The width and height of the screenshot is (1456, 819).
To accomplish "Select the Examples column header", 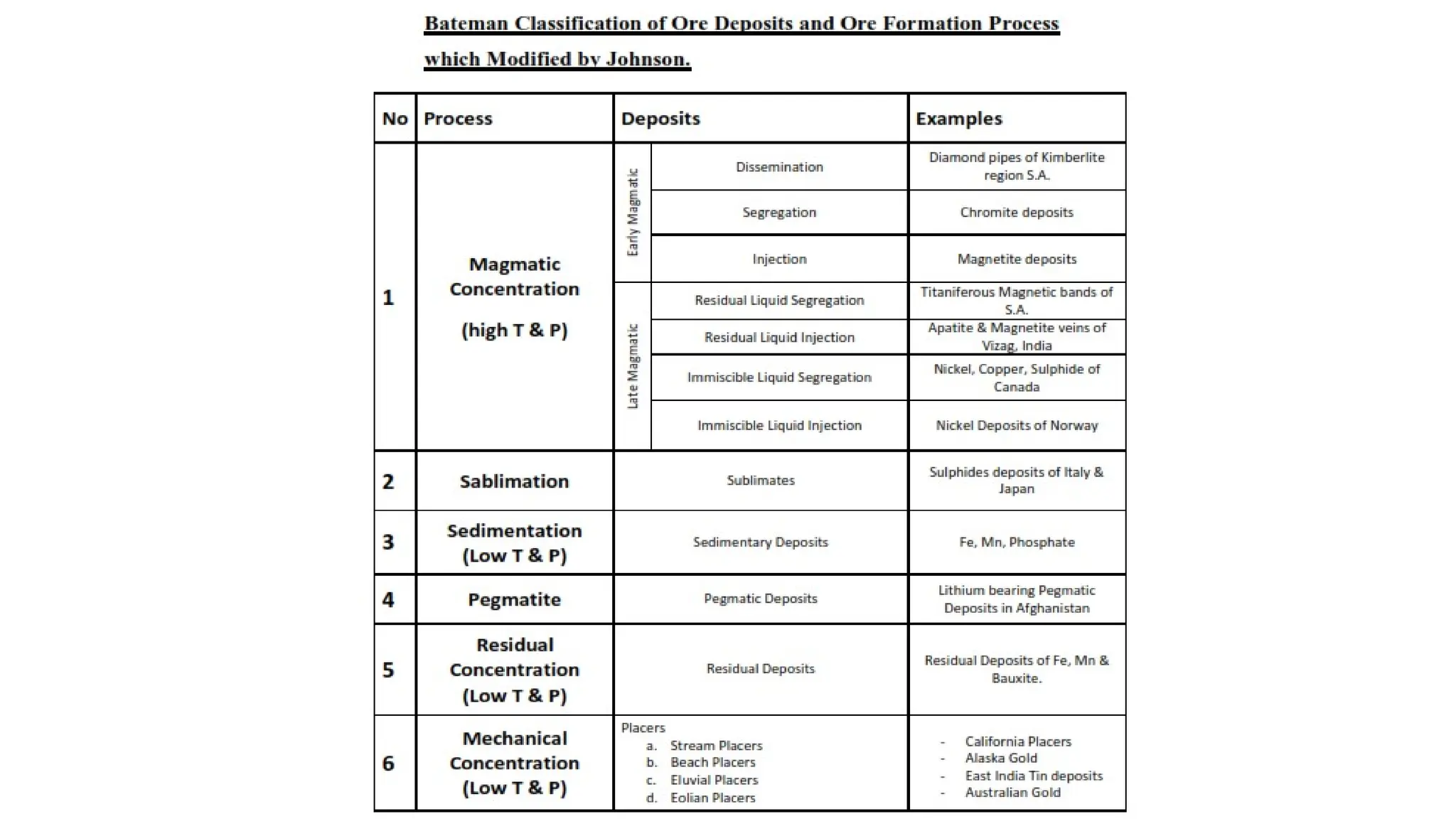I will point(958,119).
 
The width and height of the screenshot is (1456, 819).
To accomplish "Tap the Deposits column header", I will point(660,119).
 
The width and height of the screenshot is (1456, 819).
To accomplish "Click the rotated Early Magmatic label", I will point(633,213).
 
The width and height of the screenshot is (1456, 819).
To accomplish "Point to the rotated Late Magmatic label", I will point(633,366).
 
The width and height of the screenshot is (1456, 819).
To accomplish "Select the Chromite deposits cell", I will point(1016,213).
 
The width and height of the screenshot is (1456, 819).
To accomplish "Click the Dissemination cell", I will point(779,167).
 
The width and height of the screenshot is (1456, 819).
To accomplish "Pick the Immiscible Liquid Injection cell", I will point(779,425).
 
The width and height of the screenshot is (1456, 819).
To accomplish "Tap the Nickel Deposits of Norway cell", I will point(1016,425).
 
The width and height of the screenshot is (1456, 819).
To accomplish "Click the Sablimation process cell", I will point(514,481).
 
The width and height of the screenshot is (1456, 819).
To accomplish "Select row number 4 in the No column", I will point(388,599).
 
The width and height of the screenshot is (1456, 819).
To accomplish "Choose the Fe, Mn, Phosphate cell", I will point(1016,542).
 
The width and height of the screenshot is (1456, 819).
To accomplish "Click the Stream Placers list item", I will point(716,745).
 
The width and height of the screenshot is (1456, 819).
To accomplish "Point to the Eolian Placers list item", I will point(712,798).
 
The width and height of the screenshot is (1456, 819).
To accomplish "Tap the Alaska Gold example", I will point(1001,758).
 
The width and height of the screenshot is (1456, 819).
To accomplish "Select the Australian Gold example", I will point(1012,792).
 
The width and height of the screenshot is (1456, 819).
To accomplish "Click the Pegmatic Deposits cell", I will point(760,599).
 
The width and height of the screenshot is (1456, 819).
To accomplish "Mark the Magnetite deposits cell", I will point(1016,259).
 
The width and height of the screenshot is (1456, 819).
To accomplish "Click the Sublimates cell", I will point(760,481).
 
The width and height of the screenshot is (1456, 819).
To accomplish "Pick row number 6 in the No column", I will point(388,763).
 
